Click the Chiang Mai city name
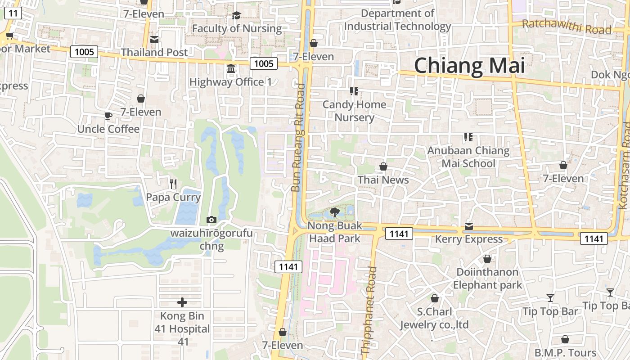click(469, 66)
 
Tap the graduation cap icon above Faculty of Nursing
click(236, 16)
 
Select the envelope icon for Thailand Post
click(154, 40)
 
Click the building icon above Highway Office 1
click(231, 69)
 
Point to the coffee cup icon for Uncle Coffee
click(108, 116)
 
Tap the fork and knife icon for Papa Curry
click(173, 184)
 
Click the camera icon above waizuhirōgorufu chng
click(211, 220)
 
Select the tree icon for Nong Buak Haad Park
click(334, 212)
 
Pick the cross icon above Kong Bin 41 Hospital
click(182, 302)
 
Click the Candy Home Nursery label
click(355, 111)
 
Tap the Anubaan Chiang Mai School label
click(468, 157)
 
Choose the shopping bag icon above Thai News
click(383, 167)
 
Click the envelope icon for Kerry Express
click(469, 226)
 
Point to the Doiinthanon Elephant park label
click(487, 278)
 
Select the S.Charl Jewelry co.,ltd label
click(434, 318)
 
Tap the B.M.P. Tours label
click(565, 352)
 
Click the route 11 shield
click(13, 13)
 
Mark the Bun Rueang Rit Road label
click(298, 138)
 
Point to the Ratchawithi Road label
click(567, 27)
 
